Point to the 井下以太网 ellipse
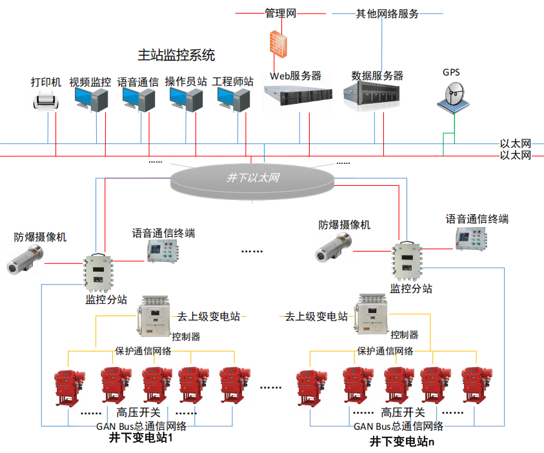(x=253, y=177)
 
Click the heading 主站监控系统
(x=176, y=55)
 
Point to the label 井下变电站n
(x=402, y=441)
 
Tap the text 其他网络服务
(x=387, y=13)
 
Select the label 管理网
(x=281, y=13)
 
